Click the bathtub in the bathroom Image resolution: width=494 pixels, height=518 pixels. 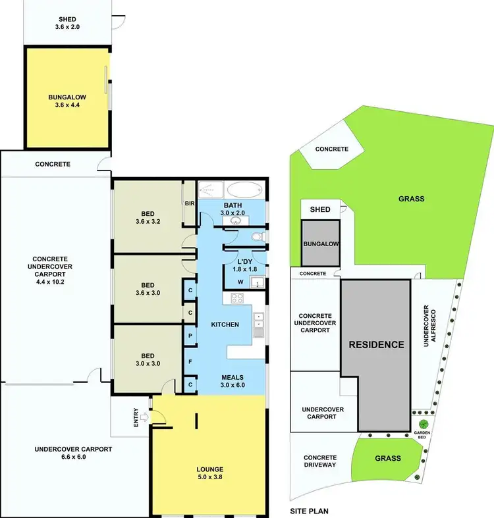245,190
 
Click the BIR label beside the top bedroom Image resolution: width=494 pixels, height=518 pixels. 190,204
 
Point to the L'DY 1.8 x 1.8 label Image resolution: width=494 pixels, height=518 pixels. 245,265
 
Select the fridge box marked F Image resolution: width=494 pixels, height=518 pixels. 190,361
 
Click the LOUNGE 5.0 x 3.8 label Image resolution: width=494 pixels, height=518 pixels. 209,473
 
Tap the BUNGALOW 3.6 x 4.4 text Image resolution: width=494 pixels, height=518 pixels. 67,101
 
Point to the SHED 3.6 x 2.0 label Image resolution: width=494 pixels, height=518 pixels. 67,24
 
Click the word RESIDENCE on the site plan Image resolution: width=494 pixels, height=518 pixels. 375,344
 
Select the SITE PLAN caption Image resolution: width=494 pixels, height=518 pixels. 309,510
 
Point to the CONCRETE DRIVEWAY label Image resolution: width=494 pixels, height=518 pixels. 320,462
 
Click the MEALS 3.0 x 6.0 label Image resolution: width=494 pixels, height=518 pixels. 232,381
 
